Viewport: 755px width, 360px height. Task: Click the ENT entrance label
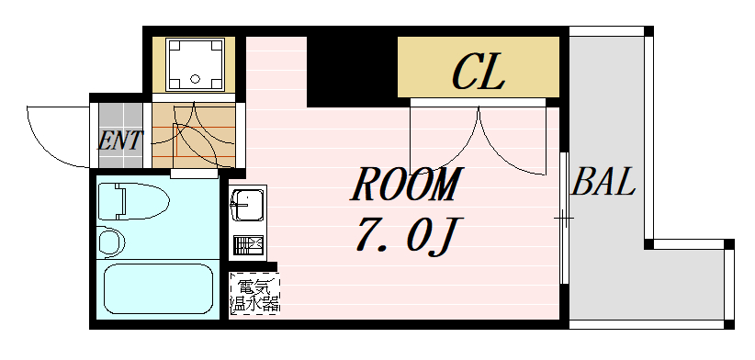(120, 142)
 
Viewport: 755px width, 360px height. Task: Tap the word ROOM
(405, 186)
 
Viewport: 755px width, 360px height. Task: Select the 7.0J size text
(405, 238)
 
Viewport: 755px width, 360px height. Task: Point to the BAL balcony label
(603, 185)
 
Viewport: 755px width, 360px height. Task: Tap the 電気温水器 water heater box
(254, 294)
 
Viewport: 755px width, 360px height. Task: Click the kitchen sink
(246, 204)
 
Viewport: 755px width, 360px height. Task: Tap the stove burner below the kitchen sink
(247, 245)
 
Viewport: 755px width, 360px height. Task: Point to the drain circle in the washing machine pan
(194, 78)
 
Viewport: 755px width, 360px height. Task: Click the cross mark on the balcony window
(564, 219)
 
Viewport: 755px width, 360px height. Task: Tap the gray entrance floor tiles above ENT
(121, 115)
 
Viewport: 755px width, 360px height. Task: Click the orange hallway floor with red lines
(194, 133)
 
